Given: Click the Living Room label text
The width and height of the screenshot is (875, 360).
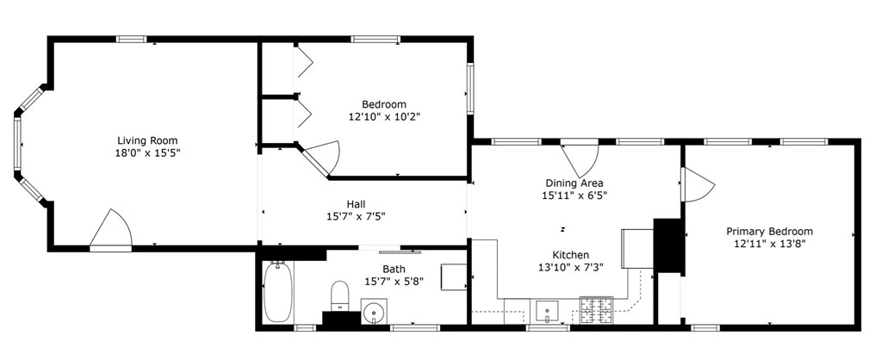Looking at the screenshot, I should tap(147, 140).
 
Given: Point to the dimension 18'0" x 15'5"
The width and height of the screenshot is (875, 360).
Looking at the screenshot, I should tap(147, 152).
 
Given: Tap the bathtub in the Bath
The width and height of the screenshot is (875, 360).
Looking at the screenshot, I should tap(276, 293).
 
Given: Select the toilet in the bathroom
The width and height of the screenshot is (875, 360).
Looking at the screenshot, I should tap(339, 295).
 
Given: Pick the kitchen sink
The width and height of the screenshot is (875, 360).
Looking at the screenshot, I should tap(549, 309).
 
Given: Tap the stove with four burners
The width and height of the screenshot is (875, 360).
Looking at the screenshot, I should tap(596, 309).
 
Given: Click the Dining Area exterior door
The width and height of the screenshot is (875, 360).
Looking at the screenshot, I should tap(579, 157).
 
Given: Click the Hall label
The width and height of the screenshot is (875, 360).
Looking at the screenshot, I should tap(356, 204).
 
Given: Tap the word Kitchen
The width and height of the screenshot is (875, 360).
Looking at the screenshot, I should tap(570, 255).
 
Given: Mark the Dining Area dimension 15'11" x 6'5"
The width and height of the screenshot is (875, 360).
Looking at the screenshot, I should tap(574, 196).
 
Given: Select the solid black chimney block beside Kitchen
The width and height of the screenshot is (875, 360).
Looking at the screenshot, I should tap(667, 245).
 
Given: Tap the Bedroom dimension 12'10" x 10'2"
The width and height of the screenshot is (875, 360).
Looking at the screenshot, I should tap(383, 116).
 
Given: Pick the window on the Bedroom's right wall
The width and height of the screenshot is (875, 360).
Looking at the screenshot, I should tap(469, 88).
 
